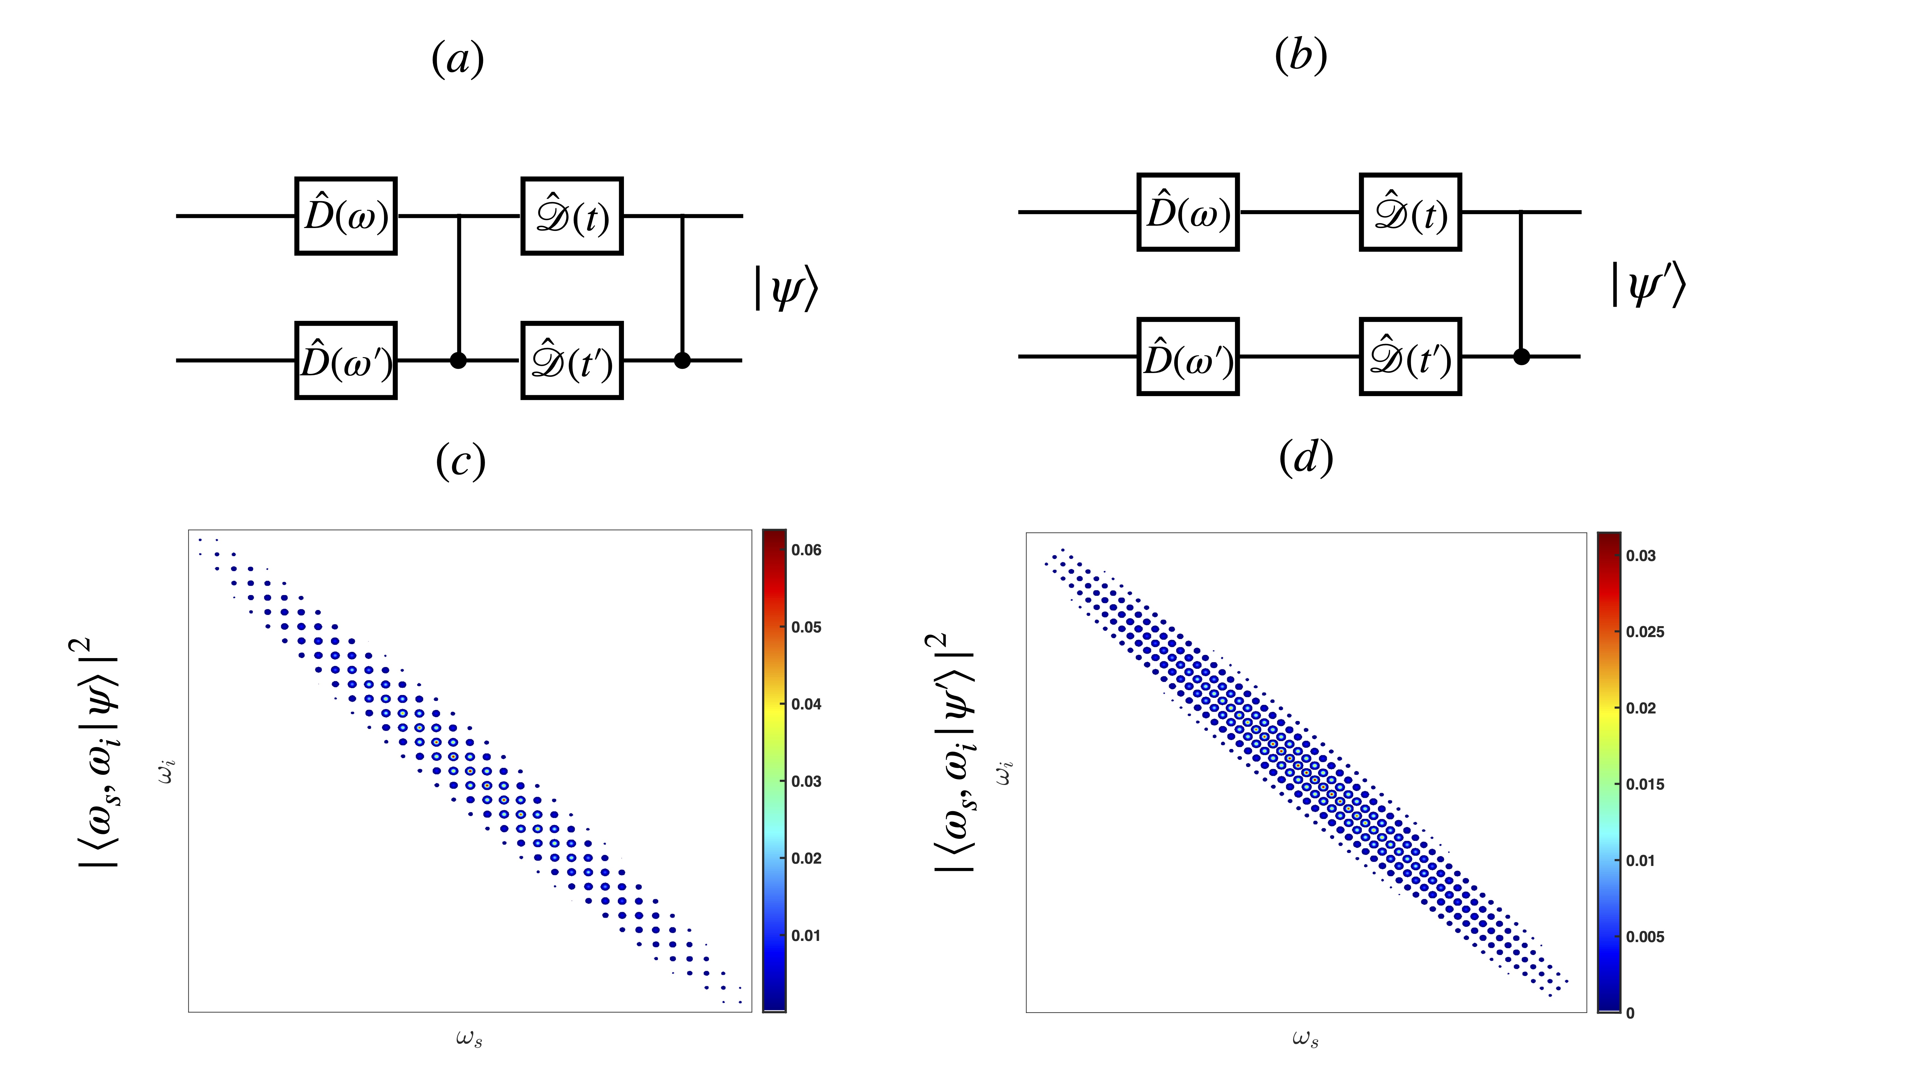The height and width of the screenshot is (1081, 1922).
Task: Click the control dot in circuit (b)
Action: tap(1521, 357)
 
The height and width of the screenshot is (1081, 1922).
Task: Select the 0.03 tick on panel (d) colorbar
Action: tap(1641, 556)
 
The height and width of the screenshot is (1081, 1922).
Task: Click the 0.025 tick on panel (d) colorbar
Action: tap(1644, 632)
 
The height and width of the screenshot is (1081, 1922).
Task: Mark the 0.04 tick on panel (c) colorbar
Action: tap(806, 704)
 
